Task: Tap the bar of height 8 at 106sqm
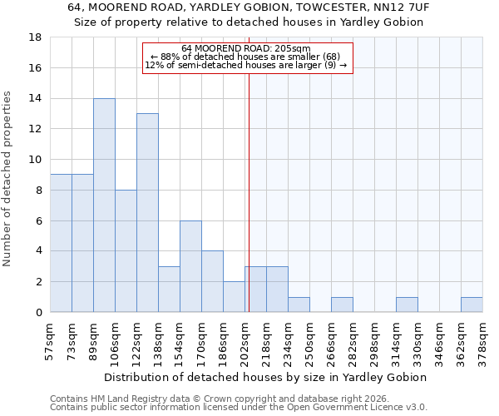tap(126, 250)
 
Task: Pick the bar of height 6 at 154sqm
tap(190, 266)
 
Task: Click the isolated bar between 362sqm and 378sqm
tap(472, 305)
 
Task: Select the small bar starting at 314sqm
tap(407, 305)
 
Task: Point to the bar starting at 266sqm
tap(342, 305)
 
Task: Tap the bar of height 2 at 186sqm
tap(234, 297)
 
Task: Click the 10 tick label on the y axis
tap(36, 160)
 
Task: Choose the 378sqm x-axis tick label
tap(482, 343)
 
